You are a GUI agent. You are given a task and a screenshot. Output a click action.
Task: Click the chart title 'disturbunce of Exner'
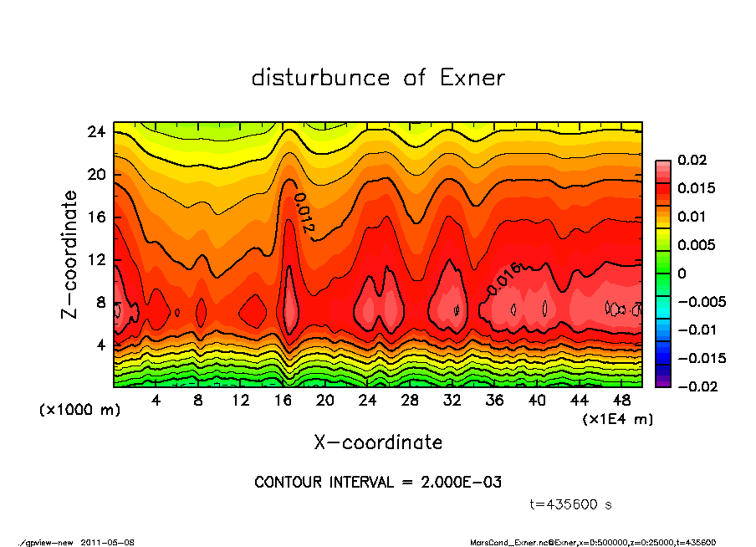pyautogui.click(x=378, y=78)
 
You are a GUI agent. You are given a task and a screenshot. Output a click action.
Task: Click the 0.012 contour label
pyautogui.click(x=303, y=213)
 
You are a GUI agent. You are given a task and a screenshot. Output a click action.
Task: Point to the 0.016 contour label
pyautogui.click(x=503, y=279)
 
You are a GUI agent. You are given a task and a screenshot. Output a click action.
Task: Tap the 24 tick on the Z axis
pyautogui.click(x=96, y=132)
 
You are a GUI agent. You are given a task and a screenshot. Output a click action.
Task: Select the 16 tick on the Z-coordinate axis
pyautogui.click(x=96, y=217)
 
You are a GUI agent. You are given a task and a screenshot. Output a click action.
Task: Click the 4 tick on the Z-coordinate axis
pyautogui.click(x=100, y=345)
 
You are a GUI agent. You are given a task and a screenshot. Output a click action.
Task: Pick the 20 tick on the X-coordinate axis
pyautogui.click(x=325, y=401)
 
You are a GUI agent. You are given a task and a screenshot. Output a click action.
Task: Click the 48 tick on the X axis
pyautogui.click(x=621, y=401)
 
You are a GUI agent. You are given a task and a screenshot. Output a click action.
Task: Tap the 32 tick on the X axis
pyautogui.click(x=452, y=401)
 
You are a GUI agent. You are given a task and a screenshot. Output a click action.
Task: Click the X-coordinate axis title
pyautogui.click(x=378, y=442)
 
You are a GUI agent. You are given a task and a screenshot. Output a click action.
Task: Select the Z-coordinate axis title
pyautogui.click(x=70, y=254)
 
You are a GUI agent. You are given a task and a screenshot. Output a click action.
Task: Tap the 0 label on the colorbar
pyautogui.click(x=682, y=273)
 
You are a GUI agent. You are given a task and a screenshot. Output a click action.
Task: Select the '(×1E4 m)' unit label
pyautogui.click(x=617, y=418)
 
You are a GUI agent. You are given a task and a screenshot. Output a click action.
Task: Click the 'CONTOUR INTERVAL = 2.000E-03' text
pyautogui.click(x=378, y=482)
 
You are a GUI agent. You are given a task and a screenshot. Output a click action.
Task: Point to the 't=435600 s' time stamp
pyautogui.click(x=571, y=504)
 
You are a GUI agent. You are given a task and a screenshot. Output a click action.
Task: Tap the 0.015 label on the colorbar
pyautogui.click(x=696, y=188)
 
